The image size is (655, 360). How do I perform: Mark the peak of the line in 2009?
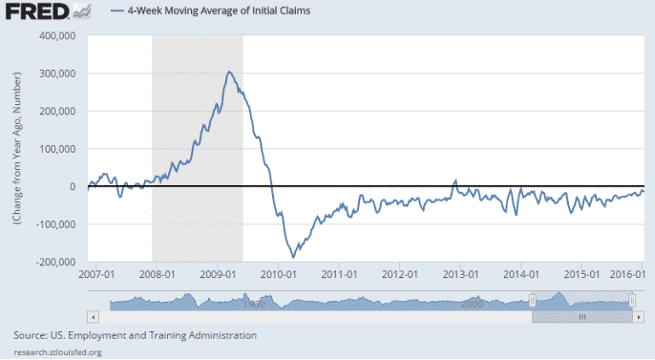click(x=229, y=73)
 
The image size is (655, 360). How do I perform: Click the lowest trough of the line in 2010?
click(x=293, y=257)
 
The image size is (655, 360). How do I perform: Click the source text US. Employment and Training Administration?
click(x=136, y=335)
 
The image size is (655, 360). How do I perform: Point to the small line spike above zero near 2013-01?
click(x=455, y=181)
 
